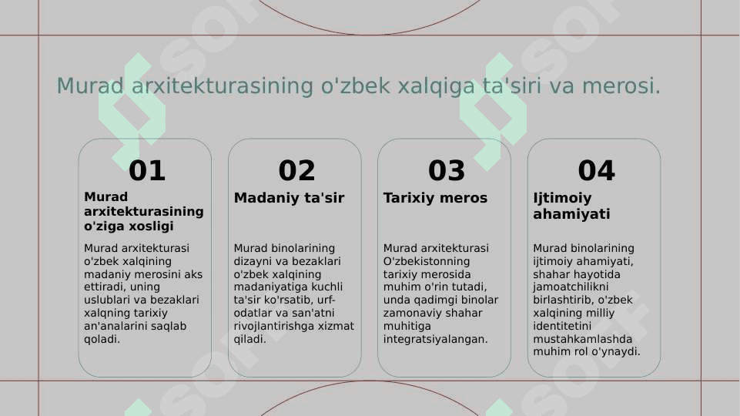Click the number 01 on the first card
point(147,170)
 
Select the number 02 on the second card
point(296,170)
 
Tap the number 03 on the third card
point(447,170)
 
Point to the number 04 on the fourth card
point(596,170)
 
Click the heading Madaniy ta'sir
point(289,198)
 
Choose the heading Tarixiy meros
point(435,198)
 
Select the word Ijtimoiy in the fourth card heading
point(562,198)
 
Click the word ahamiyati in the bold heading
point(571,214)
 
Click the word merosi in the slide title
point(621,86)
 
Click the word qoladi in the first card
point(102,339)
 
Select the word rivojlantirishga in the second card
point(273,327)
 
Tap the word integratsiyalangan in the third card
point(435,340)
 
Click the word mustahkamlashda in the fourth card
point(582,338)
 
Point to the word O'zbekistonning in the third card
point(427,261)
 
